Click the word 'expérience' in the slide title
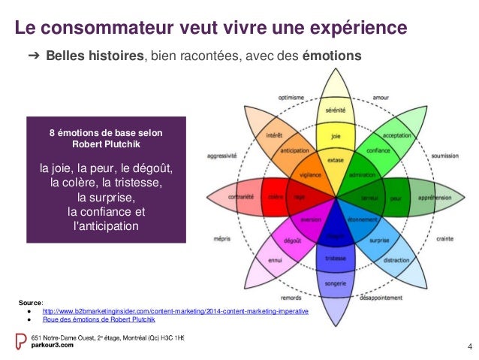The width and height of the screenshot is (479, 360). pos(360,29)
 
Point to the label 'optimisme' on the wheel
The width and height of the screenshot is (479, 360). pos(291,97)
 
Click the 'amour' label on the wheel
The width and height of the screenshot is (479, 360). pos(381,97)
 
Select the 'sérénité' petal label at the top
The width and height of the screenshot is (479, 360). pos(336,110)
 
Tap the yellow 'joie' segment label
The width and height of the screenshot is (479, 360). pos(336,138)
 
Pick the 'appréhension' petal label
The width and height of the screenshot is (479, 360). pos(433,198)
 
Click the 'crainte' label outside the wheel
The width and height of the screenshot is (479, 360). pos(444,239)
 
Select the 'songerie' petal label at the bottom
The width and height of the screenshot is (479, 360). pos(336,283)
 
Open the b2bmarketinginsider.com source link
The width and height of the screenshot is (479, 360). pos(175,310)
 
